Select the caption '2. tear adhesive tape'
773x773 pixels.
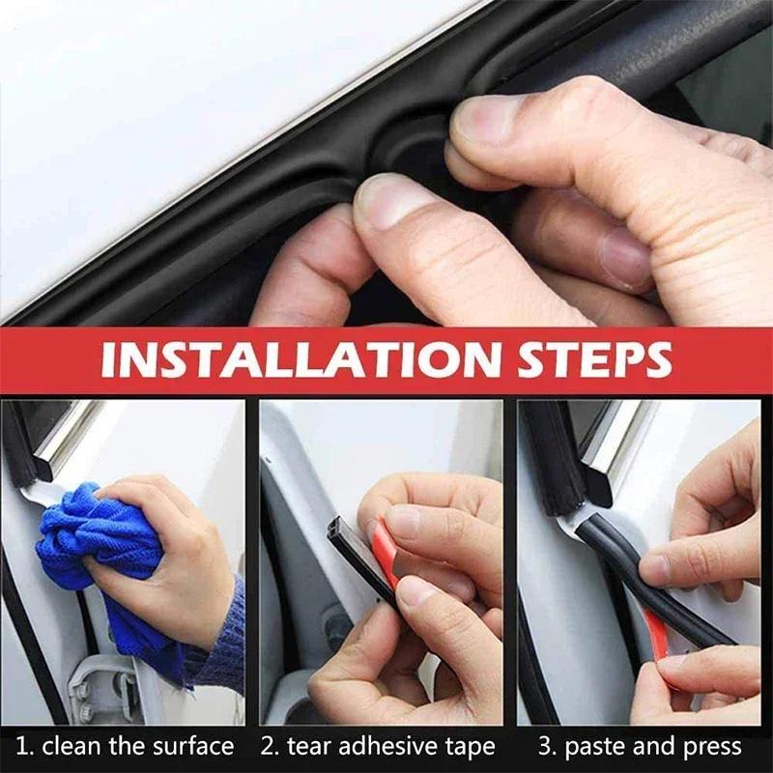(380, 746)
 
